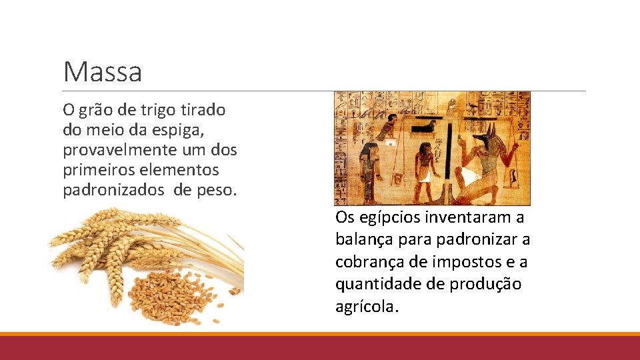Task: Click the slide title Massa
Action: (x=103, y=72)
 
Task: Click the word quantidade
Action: (x=371, y=284)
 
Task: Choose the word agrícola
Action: (x=366, y=307)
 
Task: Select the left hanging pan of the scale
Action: (x=399, y=177)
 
